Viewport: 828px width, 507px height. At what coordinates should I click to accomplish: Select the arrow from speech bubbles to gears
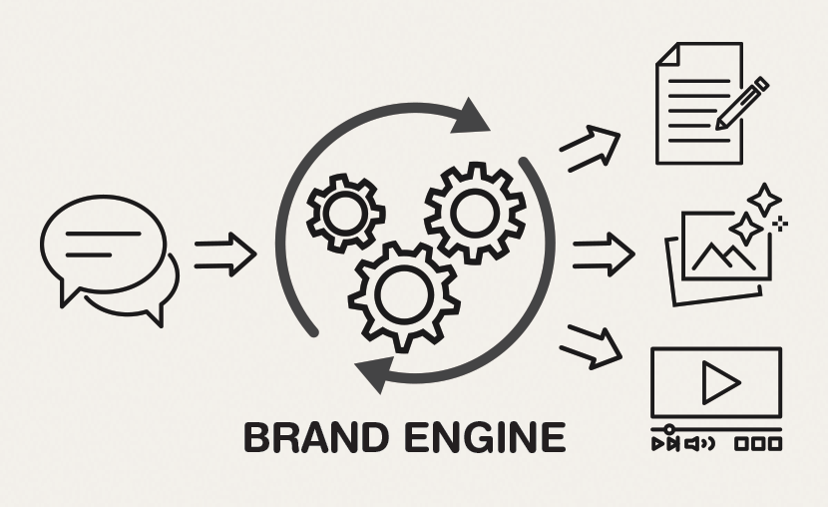tap(224, 254)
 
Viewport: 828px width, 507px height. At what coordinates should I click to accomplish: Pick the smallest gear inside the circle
tap(344, 211)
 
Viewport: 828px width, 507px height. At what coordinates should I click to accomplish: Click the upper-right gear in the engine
tap(475, 212)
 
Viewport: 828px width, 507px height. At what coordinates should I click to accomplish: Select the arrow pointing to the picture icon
tap(603, 254)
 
